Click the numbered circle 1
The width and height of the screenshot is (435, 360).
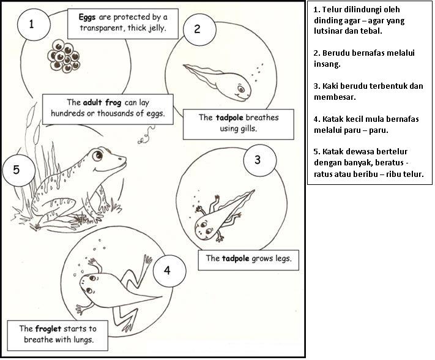(31, 25)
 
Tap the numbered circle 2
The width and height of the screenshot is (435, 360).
(196, 29)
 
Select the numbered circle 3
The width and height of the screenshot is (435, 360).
(257, 160)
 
